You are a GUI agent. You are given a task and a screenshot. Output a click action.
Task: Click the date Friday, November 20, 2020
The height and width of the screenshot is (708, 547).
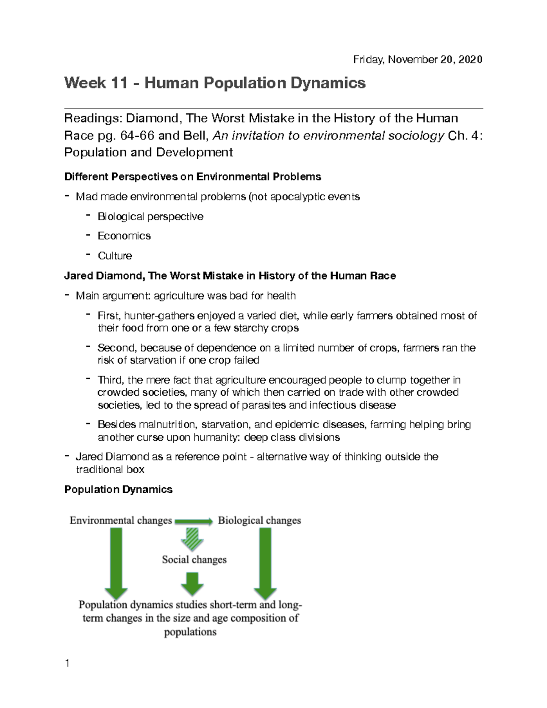point(418,60)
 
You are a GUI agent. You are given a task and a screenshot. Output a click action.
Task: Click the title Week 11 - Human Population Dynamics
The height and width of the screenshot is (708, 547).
point(215,83)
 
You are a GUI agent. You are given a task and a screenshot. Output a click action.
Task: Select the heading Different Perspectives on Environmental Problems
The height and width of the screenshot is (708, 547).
point(192,176)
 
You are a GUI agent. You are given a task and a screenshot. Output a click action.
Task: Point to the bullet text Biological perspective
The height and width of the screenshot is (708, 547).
point(150,217)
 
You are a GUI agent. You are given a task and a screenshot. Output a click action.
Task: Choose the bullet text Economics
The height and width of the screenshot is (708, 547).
point(124,236)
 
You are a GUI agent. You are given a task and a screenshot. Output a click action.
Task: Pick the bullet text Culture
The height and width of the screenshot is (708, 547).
point(115,256)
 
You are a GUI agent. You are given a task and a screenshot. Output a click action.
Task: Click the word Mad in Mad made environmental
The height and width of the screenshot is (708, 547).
point(86,196)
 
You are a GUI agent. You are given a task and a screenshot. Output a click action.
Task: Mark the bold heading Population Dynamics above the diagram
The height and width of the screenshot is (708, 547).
point(118,490)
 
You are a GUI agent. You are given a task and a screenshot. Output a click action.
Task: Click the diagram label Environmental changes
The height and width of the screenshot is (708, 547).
point(121,521)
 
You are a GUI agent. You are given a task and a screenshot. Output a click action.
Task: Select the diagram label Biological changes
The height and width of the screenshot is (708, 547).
point(259,521)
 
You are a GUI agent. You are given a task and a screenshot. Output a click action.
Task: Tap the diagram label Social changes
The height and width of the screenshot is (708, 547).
point(194,559)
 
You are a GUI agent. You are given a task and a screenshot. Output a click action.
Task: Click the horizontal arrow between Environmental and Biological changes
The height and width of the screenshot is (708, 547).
point(194,521)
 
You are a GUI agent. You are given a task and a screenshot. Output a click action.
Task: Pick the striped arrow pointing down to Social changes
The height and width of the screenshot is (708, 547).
point(192,539)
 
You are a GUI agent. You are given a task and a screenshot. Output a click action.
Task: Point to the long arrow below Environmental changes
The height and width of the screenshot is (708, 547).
point(116,563)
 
